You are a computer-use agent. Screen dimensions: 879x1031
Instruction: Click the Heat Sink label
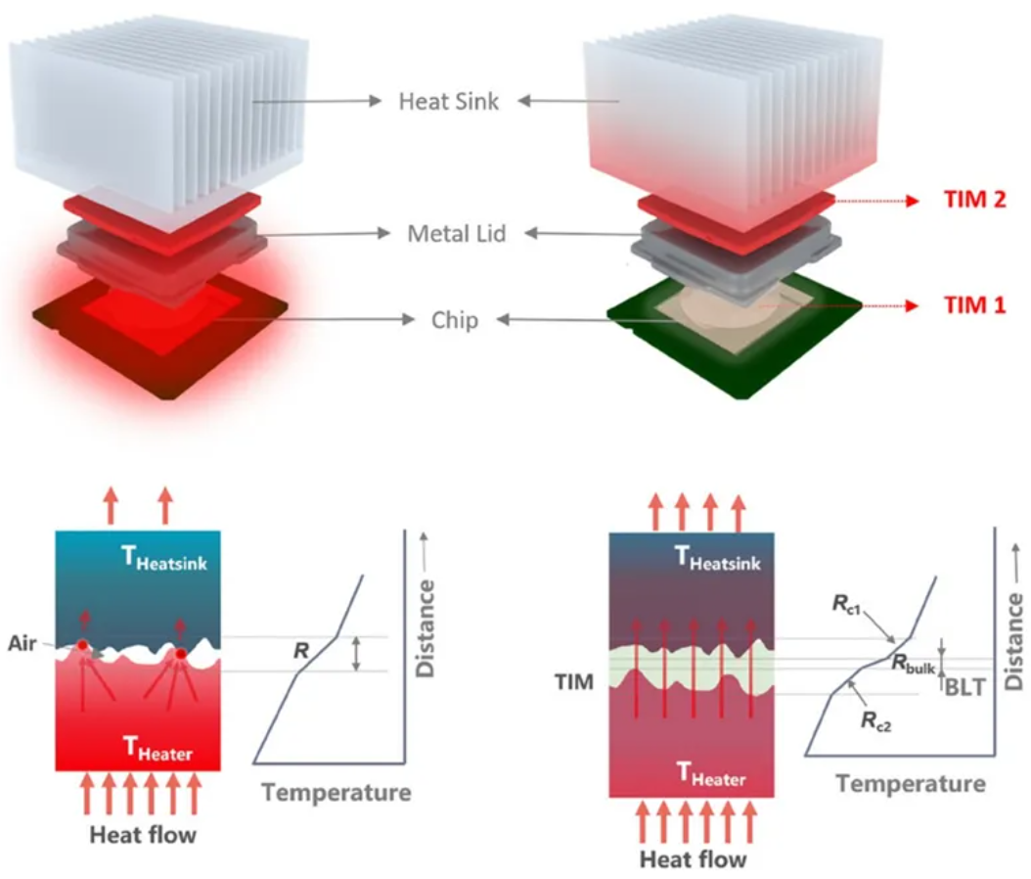point(449,101)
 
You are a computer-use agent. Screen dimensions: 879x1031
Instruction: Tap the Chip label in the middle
point(455,321)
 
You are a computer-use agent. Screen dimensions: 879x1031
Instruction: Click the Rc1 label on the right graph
point(847,604)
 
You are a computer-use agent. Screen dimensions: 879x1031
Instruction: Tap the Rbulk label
point(914,663)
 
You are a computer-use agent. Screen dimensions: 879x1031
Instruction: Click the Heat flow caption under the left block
point(143,835)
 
